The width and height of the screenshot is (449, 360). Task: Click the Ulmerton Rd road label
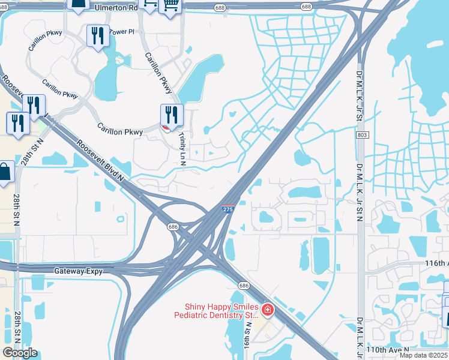tap(115, 8)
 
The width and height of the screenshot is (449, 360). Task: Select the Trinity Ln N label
tap(181, 149)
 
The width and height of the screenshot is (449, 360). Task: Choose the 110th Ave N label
tap(390, 349)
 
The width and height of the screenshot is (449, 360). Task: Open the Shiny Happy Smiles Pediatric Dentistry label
tap(216, 311)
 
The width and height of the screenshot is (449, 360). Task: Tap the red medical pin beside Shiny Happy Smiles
tap(267, 310)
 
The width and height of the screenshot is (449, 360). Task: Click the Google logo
tap(20, 353)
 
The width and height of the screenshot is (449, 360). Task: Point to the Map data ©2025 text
tap(424, 355)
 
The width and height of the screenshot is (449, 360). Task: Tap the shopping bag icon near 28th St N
tap(5, 172)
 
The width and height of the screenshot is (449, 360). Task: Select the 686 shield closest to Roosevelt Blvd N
tap(172, 227)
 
